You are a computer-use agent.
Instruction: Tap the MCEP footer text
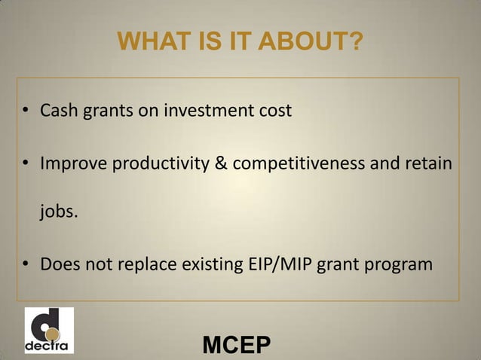(x=237, y=346)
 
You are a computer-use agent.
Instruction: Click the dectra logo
(x=49, y=330)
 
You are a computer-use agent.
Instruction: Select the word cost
(x=273, y=111)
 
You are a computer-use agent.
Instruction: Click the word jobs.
(x=58, y=213)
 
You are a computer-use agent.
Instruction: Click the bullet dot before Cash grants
(x=26, y=112)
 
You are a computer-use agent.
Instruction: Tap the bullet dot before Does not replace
(x=26, y=265)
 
